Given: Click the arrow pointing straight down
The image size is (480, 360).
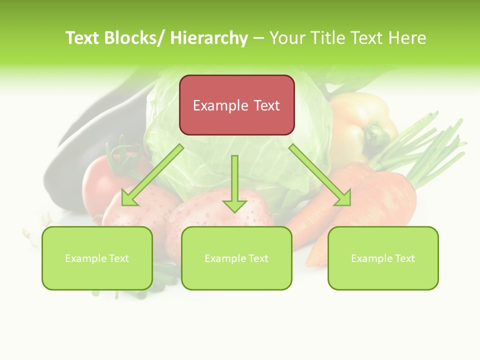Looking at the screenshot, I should [234, 185].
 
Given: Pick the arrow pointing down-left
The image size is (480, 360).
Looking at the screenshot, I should [150, 175].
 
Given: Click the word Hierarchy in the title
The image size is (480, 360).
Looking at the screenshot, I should [209, 38].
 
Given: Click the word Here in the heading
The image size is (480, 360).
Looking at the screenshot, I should [407, 38].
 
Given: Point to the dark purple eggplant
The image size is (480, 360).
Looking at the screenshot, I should [85, 135].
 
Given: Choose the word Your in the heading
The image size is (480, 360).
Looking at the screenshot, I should [287, 38].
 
